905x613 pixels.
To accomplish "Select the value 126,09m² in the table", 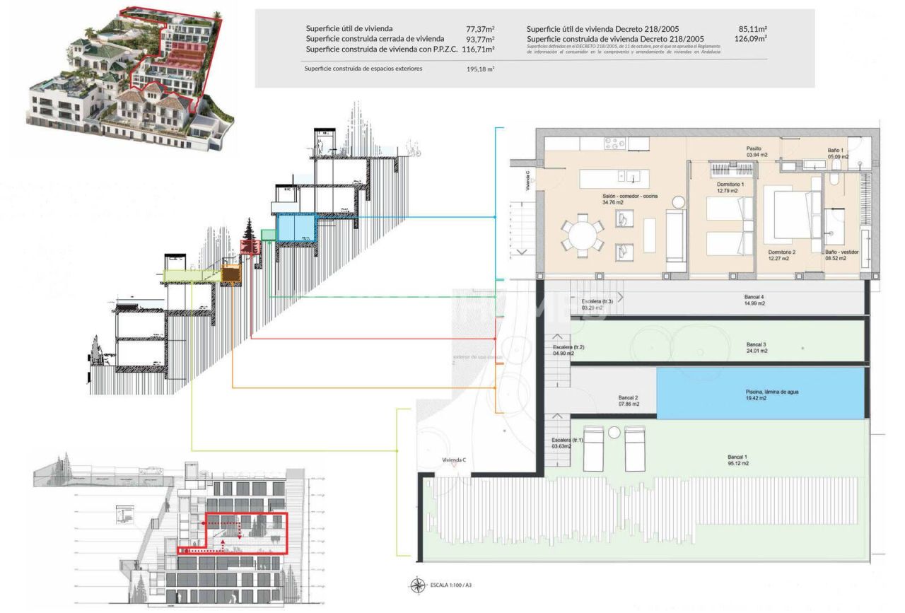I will tap(751, 39).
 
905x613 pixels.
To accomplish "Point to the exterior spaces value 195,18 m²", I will tap(480, 69).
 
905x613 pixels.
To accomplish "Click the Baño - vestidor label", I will tap(840, 255).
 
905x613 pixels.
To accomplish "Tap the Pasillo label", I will tap(754, 151).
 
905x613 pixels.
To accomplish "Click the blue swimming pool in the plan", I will tap(761, 392).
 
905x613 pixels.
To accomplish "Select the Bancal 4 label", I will tap(754, 300).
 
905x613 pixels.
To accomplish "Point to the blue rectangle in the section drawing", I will tap(296, 228).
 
